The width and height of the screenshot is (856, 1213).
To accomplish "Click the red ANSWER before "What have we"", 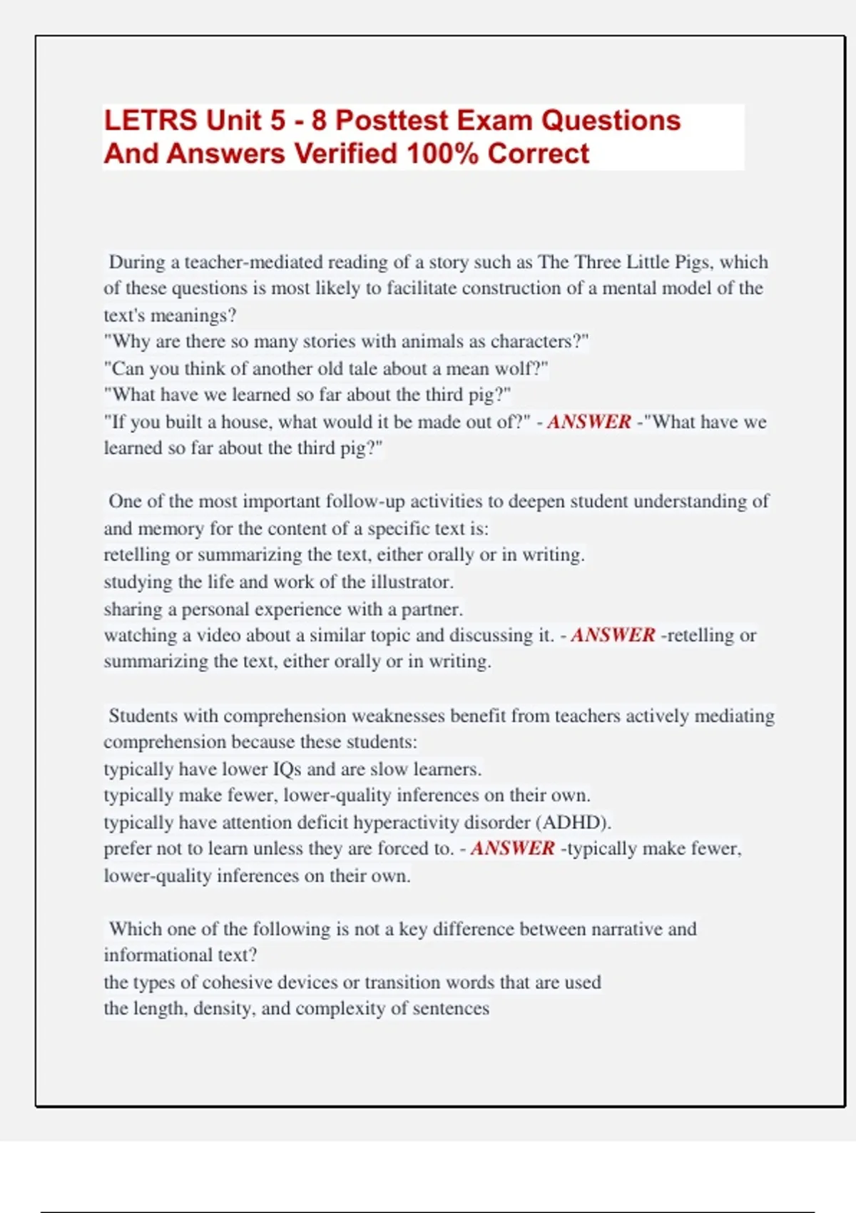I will pyautogui.click(x=589, y=422).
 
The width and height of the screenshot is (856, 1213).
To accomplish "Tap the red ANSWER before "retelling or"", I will pyautogui.click(x=613, y=635).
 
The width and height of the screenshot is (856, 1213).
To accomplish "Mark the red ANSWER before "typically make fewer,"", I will pyautogui.click(x=512, y=848).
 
